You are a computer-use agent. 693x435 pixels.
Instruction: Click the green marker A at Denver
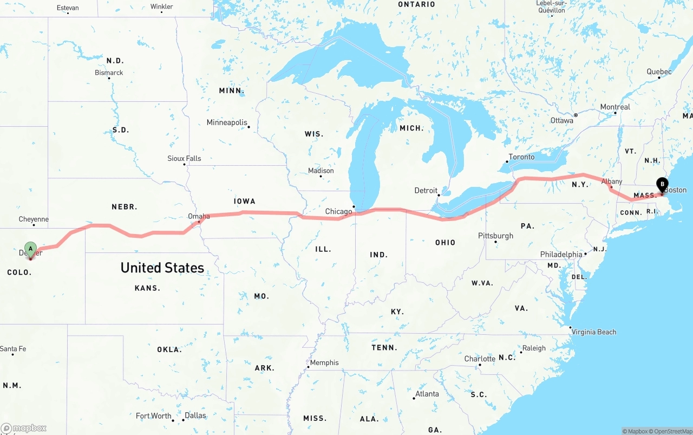click(x=31, y=249)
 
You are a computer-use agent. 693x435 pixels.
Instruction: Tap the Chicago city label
click(x=339, y=211)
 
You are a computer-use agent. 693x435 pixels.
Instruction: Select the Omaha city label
click(x=199, y=216)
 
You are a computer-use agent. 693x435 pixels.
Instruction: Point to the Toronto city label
click(x=521, y=157)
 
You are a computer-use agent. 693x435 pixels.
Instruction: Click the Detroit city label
click(x=426, y=191)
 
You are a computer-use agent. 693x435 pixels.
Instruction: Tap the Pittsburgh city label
click(x=495, y=236)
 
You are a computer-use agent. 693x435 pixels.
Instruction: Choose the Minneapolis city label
click(x=227, y=122)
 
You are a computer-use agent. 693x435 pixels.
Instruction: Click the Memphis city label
click(x=324, y=362)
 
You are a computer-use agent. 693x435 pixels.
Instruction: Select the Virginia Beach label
click(x=594, y=332)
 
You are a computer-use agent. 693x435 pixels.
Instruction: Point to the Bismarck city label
click(x=109, y=73)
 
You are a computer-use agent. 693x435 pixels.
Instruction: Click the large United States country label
click(x=162, y=268)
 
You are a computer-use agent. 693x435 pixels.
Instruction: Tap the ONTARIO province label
click(x=416, y=4)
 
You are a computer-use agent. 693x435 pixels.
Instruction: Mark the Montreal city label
click(x=615, y=107)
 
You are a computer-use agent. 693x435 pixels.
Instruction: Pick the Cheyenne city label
click(x=34, y=219)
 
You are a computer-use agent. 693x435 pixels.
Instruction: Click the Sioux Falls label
click(x=184, y=159)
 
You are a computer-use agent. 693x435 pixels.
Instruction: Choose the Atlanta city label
click(x=427, y=394)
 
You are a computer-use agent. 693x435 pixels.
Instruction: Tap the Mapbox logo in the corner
click(x=24, y=428)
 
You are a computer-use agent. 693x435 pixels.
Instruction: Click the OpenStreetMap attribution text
click(x=672, y=431)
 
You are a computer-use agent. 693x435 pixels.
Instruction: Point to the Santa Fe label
click(x=13, y=349)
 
